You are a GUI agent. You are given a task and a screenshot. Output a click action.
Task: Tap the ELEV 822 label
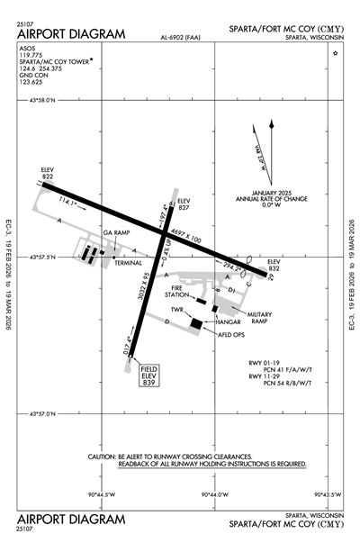point(48,173)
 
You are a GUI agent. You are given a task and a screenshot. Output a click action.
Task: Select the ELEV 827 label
point(185,204)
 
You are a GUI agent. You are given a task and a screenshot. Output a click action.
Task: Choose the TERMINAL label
point(128,263)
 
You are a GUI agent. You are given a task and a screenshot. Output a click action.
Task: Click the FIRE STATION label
point(176,291)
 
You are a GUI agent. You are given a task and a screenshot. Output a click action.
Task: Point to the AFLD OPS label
point(231,334)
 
